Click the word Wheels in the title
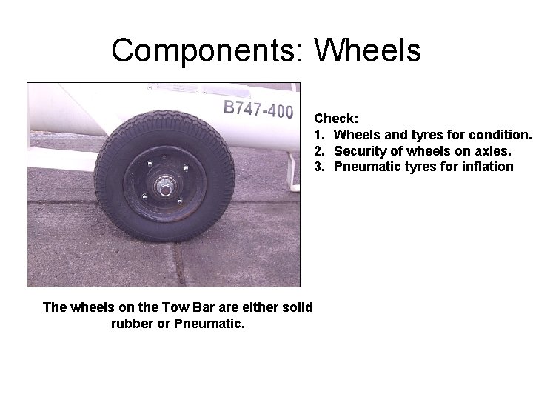click(367, 50)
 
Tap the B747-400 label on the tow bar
click(258, 110)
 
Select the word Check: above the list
click(336, 118)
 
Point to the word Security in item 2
click(359, 150)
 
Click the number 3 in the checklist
click(318, 167)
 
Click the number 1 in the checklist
click(318, 134)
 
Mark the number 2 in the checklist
click(318, 150)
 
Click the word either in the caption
click(252, 307)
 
